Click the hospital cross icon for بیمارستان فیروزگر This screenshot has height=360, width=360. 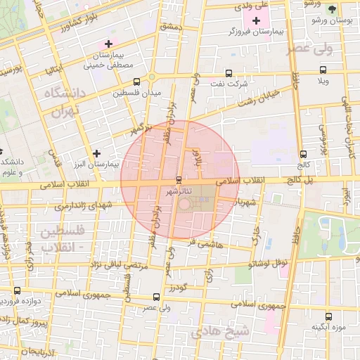coord(256,20)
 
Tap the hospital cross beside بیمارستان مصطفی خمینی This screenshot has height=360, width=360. coord(108,44)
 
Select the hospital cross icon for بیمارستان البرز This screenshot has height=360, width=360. coord(96,153)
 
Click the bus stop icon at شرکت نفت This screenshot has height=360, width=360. coord(229,73)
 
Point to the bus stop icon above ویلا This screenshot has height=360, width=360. coord(323,70)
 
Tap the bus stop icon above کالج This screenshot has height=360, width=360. coord(303,154)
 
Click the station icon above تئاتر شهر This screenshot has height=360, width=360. coord(179,179)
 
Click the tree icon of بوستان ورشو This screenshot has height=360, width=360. coord(330,8)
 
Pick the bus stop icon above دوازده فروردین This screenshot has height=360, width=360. coord(17,290)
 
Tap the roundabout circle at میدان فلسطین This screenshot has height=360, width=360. coord(152,77)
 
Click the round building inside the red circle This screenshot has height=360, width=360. coord(184,204)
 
